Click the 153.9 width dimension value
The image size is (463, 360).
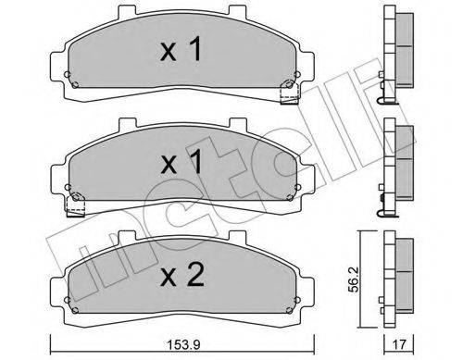(x=183, y=344)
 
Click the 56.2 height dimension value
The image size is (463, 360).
(x=354, y=279)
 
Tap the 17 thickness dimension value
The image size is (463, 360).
(x=398, y=344)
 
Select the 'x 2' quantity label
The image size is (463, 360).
(x=182, y=275)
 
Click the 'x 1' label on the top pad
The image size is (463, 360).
(x=181, y=49)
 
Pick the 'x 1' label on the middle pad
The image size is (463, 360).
(x=181, y=162)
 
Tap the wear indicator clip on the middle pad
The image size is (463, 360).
(x=76, y=205)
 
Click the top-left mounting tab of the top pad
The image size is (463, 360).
(x=127, y=11)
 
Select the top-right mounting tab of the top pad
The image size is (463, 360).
(x=237, y=11)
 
